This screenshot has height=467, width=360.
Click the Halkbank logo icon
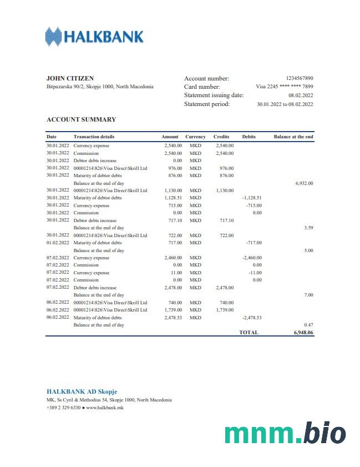(54, 37)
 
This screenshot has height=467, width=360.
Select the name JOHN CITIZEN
(70, 78)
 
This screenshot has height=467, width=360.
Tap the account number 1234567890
(300, 78)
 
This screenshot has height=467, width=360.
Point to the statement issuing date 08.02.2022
(301, 96)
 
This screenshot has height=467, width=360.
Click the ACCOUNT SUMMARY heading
(81, 119)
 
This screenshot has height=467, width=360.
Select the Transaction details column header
(94, 137)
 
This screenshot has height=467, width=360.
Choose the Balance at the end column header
(293, 137)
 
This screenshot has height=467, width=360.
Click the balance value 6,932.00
(304, 183)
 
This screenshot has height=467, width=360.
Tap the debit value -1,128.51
(252, 198)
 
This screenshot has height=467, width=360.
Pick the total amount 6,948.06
(303, 332)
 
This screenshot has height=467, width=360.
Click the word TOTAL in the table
(249, 332)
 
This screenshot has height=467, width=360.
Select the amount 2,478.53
(173, 318)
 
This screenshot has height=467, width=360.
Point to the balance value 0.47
(308, 325)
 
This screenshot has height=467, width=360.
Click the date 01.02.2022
(58, 243)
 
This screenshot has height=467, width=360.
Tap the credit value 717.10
(226, 220)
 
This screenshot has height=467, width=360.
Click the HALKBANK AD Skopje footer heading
(82, 391)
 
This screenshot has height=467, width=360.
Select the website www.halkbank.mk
(105, 408)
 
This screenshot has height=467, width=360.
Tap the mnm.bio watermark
(285, 433)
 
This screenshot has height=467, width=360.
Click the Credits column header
(221, 137)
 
